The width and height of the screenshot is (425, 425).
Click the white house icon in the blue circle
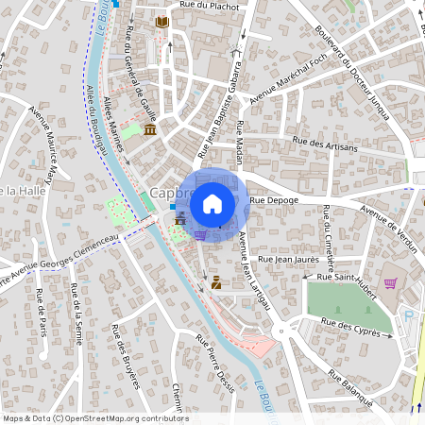click(x=212, y=203)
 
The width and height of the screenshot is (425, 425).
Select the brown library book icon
click(x=162, y=21)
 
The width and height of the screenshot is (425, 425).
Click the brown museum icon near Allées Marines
click(x=150, y=128)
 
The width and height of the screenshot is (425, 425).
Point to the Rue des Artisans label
click(x=326, y=144)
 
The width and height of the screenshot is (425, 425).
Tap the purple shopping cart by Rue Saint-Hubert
click(x=390, y=282)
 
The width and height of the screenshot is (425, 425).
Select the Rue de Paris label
click(x=42, y=312)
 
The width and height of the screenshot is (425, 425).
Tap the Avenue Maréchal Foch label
click(x=284, y=75)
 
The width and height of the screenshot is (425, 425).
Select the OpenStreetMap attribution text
click(x=94, y=418)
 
